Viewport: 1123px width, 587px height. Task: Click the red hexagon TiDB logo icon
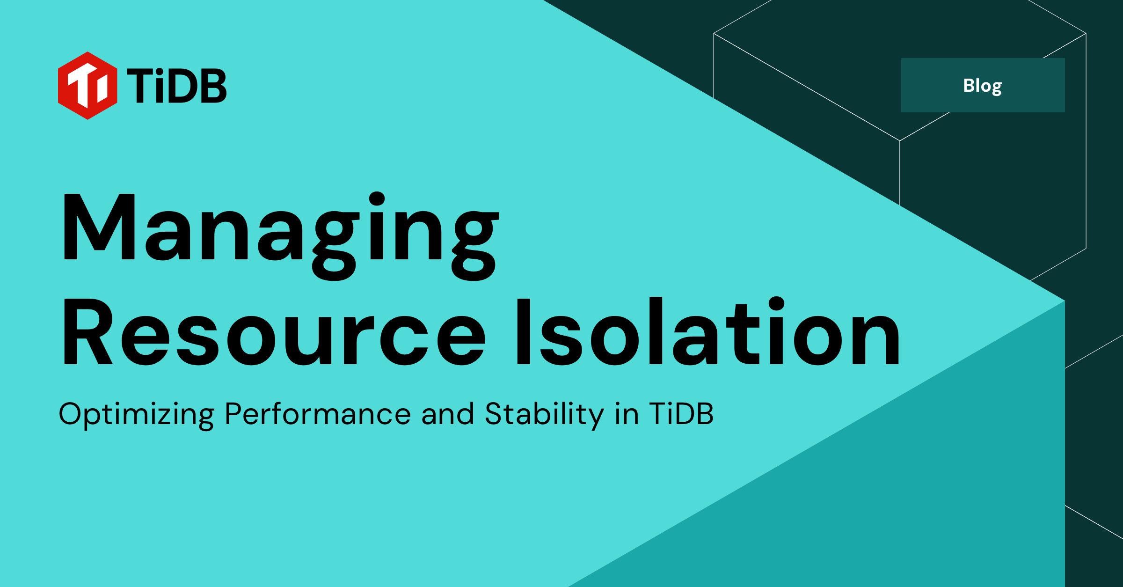(88, 86)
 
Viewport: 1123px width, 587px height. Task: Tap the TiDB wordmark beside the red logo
(176, 86)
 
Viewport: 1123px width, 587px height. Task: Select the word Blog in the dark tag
(982, 86)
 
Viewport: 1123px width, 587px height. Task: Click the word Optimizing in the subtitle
(136, 414)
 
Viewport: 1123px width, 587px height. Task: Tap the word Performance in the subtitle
(317, 414)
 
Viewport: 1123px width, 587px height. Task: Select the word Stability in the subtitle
(544, 414)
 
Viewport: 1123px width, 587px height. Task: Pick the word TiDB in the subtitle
(681, 414)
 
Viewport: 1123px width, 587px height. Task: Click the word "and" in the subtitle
(447, 414)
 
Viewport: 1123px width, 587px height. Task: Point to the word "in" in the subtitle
(627, 414)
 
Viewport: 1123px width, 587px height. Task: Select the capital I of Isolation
(523, 332)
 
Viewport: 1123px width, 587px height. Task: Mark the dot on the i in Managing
(377, 199)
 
